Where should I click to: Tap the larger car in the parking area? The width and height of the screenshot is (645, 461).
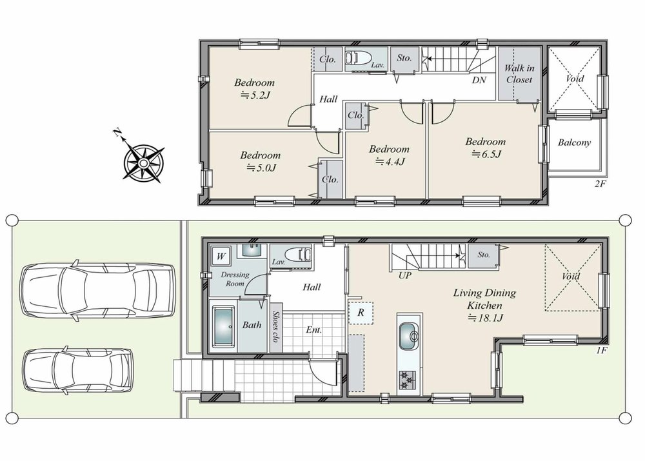point(99,290)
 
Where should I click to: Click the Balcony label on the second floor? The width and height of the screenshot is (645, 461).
point(574,142)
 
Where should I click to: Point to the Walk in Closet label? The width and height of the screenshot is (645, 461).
point(519,74)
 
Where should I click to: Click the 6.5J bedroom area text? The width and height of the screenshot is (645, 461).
point(486,154)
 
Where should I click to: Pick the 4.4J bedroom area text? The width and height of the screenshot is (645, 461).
point(390,162)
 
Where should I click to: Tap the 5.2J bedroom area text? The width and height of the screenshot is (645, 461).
point(255,95)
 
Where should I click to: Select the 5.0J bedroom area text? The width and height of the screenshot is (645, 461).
point(261,168)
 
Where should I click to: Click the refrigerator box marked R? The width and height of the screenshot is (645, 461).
point(361,313)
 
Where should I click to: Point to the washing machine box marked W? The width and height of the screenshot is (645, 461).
point(221,257)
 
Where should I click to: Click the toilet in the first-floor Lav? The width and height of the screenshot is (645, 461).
point(298,254)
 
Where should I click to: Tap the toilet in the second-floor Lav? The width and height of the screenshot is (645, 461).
point(358,57)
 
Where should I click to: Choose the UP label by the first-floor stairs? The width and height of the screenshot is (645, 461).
point(405,275)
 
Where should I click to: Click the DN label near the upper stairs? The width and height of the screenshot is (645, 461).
point(479,80)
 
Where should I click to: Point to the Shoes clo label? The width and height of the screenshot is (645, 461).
point(276,326)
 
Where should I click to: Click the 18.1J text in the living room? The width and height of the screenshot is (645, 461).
point(486,318)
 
